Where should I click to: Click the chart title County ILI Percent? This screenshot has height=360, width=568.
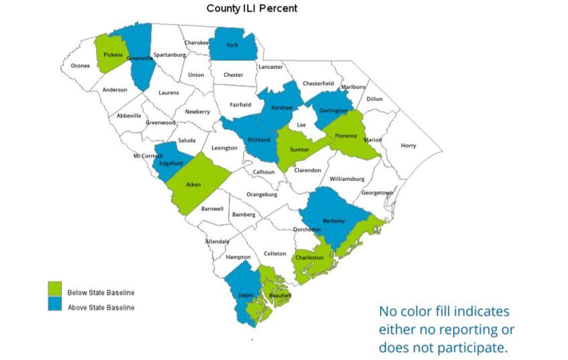pyautogui.click(x=252, y=8)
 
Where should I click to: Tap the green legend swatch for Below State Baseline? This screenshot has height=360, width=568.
pyautogui.click(x=55, y=289)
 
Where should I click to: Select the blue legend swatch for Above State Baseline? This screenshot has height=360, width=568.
pyautogui.click(x=55, y=304)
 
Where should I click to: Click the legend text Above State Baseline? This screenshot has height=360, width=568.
pyautogui.click(x=101, y=308)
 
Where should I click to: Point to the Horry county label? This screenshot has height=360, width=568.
pyautogui.click(x=408, y=146)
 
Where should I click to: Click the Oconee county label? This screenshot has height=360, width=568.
pyautogui.click(x=80, y=65)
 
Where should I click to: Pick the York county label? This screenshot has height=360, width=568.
pyautogui.click(x=232, y=45)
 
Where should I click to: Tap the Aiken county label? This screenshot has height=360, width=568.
pyautogui.click(x=193, y=184)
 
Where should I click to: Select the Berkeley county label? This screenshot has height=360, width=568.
pyautogui.click(x=333, y=220)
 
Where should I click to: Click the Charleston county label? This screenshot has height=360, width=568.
pyautogui.click(x=309, y=257)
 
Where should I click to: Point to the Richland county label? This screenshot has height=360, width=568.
pyautogui.click(x=259, y=140)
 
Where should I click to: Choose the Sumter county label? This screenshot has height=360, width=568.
pyautogui.click(x=299, y=150)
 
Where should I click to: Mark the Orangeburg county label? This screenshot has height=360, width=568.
pyautogui.click(x=262, y=194)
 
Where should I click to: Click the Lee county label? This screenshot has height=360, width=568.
pyautogui.click(x=301, y=125)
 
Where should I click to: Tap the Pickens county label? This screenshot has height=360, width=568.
pyautogui.click(x=113, y=54)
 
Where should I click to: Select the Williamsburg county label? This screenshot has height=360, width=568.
pyautogui.click(x=347, y=179)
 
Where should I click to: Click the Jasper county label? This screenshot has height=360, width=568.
pyautogui.click(x=246, y=295)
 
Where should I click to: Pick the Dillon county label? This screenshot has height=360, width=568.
pyautogui.click(x=375, y=99)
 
